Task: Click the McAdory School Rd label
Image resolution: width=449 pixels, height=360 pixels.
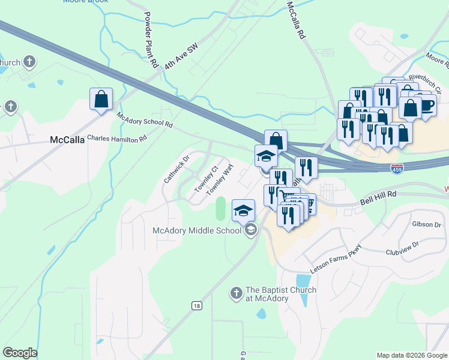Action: (x=145, y=121)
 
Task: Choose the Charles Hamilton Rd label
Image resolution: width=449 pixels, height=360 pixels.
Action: (x=117, y=138)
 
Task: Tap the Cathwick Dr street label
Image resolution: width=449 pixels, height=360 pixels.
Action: (x=177, y=169)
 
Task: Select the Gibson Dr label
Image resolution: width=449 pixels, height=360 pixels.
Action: (x=426, y=224)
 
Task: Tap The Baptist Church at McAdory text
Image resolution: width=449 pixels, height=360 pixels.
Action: (x=281, y=295)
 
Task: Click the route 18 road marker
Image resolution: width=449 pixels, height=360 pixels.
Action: (x=197, y=306)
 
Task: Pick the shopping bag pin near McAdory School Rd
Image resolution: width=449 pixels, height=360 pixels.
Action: (x=101, y=100)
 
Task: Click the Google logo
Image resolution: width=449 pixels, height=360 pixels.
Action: (x=20, y=353)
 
